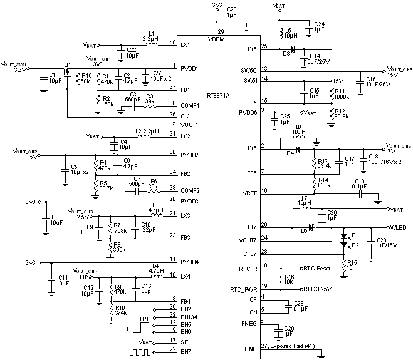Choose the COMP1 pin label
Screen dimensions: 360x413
[189, 104]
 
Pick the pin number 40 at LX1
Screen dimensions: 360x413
[172, 42]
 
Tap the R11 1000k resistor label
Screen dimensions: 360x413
[342, 95]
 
